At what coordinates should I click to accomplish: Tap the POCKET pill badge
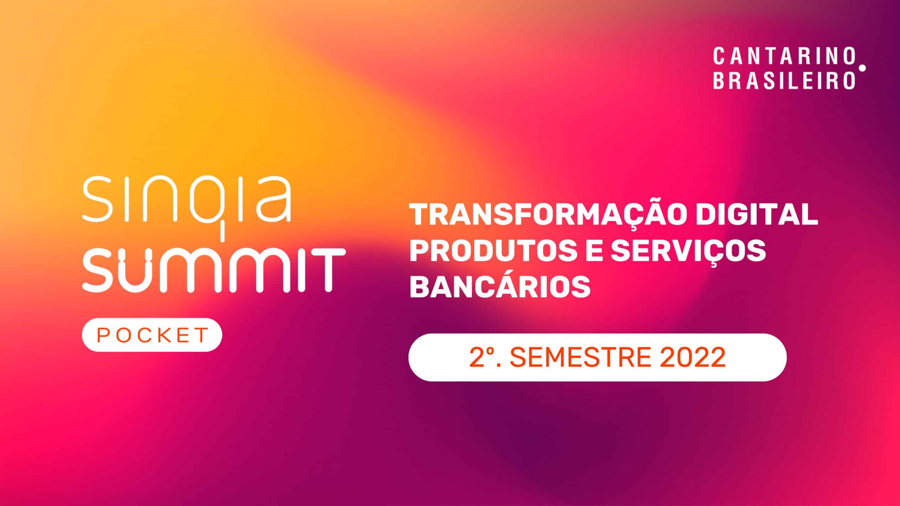pyautogui.click(x=152, y=335)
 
